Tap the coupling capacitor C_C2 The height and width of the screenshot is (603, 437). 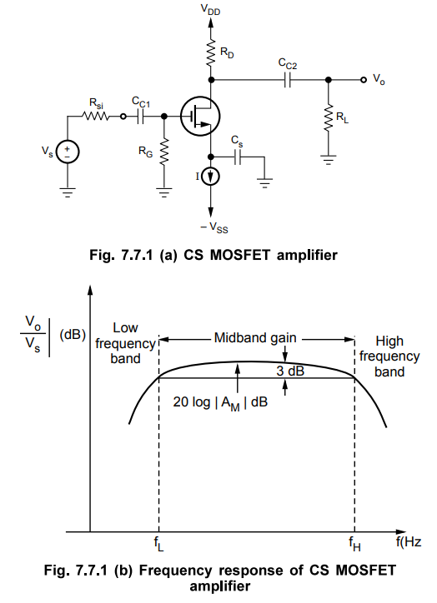286,81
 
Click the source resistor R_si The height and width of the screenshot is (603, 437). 98,117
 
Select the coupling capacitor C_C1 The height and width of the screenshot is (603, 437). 141,117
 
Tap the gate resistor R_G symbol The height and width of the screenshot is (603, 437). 163,151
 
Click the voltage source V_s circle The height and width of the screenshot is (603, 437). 68,151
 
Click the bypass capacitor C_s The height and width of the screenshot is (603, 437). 239,156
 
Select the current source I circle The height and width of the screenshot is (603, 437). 211,177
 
